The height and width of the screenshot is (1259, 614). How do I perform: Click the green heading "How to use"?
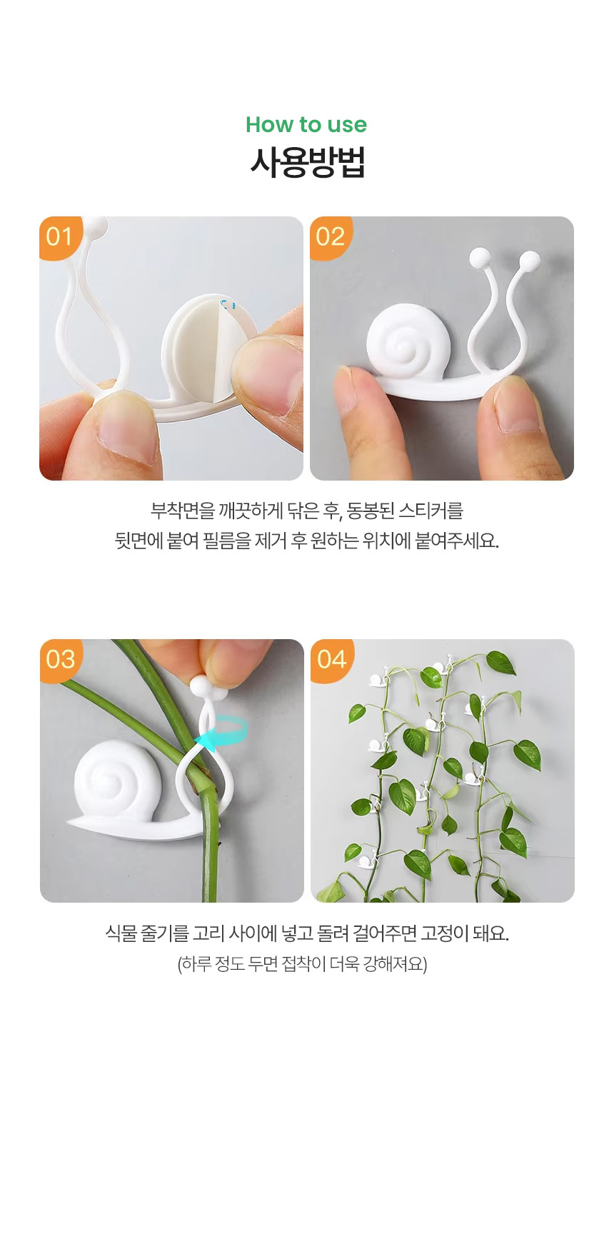tap(306, 124)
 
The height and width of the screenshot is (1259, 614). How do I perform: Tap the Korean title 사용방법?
tap(307, 162)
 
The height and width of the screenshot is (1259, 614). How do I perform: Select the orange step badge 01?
tap(60, 236)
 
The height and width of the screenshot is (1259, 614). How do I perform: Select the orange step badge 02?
tap(331, 236)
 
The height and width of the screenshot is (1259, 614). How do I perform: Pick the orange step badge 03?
tap(61, 659)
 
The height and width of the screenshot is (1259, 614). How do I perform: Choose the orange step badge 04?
tap(332, 659)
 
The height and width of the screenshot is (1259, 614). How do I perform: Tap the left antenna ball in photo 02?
tap(480, 257)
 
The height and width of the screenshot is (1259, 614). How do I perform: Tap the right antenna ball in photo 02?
tap(530, 261)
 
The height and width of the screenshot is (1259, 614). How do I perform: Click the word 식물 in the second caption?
tap(120, 933)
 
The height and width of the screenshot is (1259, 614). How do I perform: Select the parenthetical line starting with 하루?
tap(302, 964)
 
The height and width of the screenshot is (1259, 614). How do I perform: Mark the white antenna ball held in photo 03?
tap(201, 687)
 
